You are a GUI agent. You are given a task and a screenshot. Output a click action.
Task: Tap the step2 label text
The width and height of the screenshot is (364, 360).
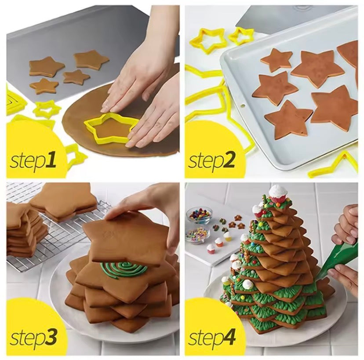[x=212, y=160]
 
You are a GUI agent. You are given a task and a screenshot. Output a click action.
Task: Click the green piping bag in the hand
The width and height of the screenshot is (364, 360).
[x=338, y=259]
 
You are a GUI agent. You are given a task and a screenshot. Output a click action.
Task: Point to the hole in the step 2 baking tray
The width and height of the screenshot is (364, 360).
[x=241, y=105]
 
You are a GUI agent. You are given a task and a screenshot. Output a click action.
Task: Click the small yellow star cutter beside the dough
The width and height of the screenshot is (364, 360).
[x=47, y=107]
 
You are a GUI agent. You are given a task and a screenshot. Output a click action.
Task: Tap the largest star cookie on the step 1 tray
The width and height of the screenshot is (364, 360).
[x=91, y=60]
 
